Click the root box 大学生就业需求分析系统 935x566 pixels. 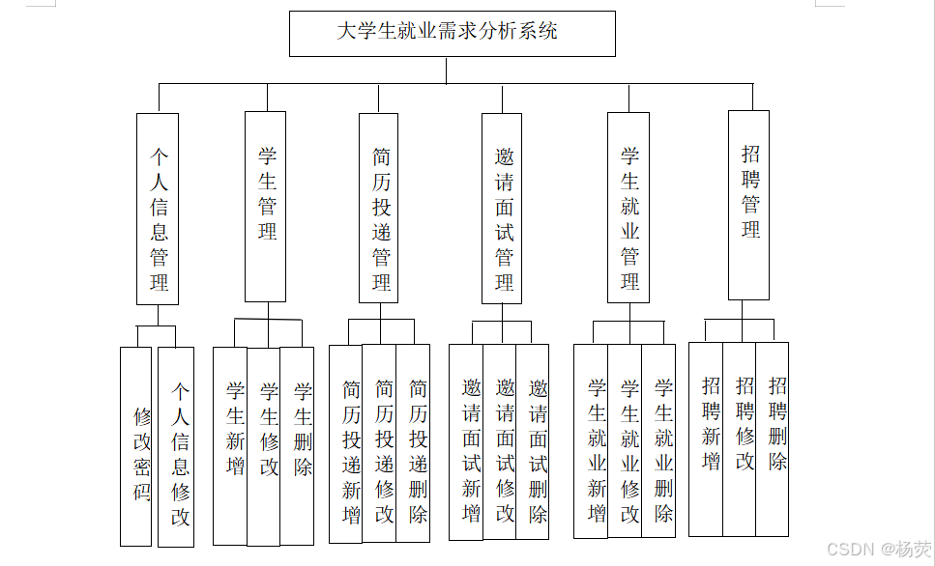(x=452, y=33)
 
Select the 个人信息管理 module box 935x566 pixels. (x=158, y=209)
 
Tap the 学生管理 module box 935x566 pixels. (x=265, y=206)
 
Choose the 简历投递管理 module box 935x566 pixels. (x=378, y=210)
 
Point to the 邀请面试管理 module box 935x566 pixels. (x=502, y=208)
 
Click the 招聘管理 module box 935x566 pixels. (x=748, y=205)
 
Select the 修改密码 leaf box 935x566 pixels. (x=136, y=446)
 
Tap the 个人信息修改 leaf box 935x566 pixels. (x=177, y=446)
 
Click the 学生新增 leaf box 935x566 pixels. (x=230, y=445)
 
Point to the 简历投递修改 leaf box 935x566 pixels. (x=380, y=442)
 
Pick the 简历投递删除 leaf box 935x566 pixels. (x=414, y=442)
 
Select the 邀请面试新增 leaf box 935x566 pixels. (x=467, y=441)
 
